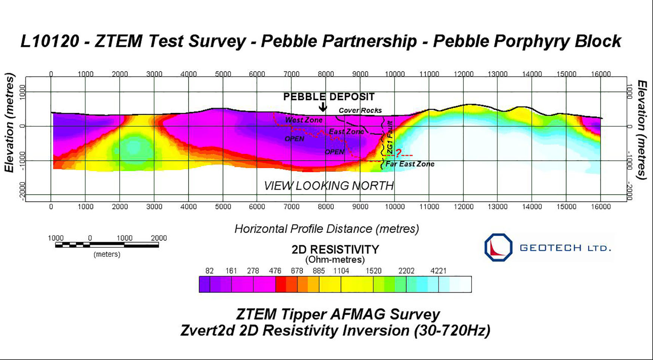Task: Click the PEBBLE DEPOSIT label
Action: pyautogui.click(x=329, y=97)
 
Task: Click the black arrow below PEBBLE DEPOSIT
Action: pyautogui.click(x=323, y=107)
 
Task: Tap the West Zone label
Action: pyautogui.click(x=303, y=120)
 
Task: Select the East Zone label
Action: pyautogui.click(x=346, y=132)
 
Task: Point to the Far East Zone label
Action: pyautogui.click(x=410, y=164)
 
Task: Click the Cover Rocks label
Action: pyautogui.click(x=360, y=110)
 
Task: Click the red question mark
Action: pyautogui.click(x=399, y=153)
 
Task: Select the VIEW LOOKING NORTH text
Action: pyautogui.click(x=329, y=186)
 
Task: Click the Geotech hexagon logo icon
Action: pyautogui.click(x=498, y=247)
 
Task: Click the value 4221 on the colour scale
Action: pyautogui.click(x=438, y=271)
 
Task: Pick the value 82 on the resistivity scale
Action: pyautogui.click(x=210, y=271)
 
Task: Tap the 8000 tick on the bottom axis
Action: pyautogui.click(x=326, y=207)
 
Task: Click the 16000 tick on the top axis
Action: pyautogui.click(x=601, y=74)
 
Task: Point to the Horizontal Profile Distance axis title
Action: pyautogui.click(x=326, y=229)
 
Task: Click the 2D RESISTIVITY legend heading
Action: pyautogui.click(x=335, y=250)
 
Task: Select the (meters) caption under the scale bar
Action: pyautogui.click(x=107, y=254)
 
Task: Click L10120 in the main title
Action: pyautogui.click(x=50, y=41)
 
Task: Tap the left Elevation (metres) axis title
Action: pyautogui.click(x=9, y=122)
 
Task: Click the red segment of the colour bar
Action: pyautogui.click(x=281, y=284)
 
